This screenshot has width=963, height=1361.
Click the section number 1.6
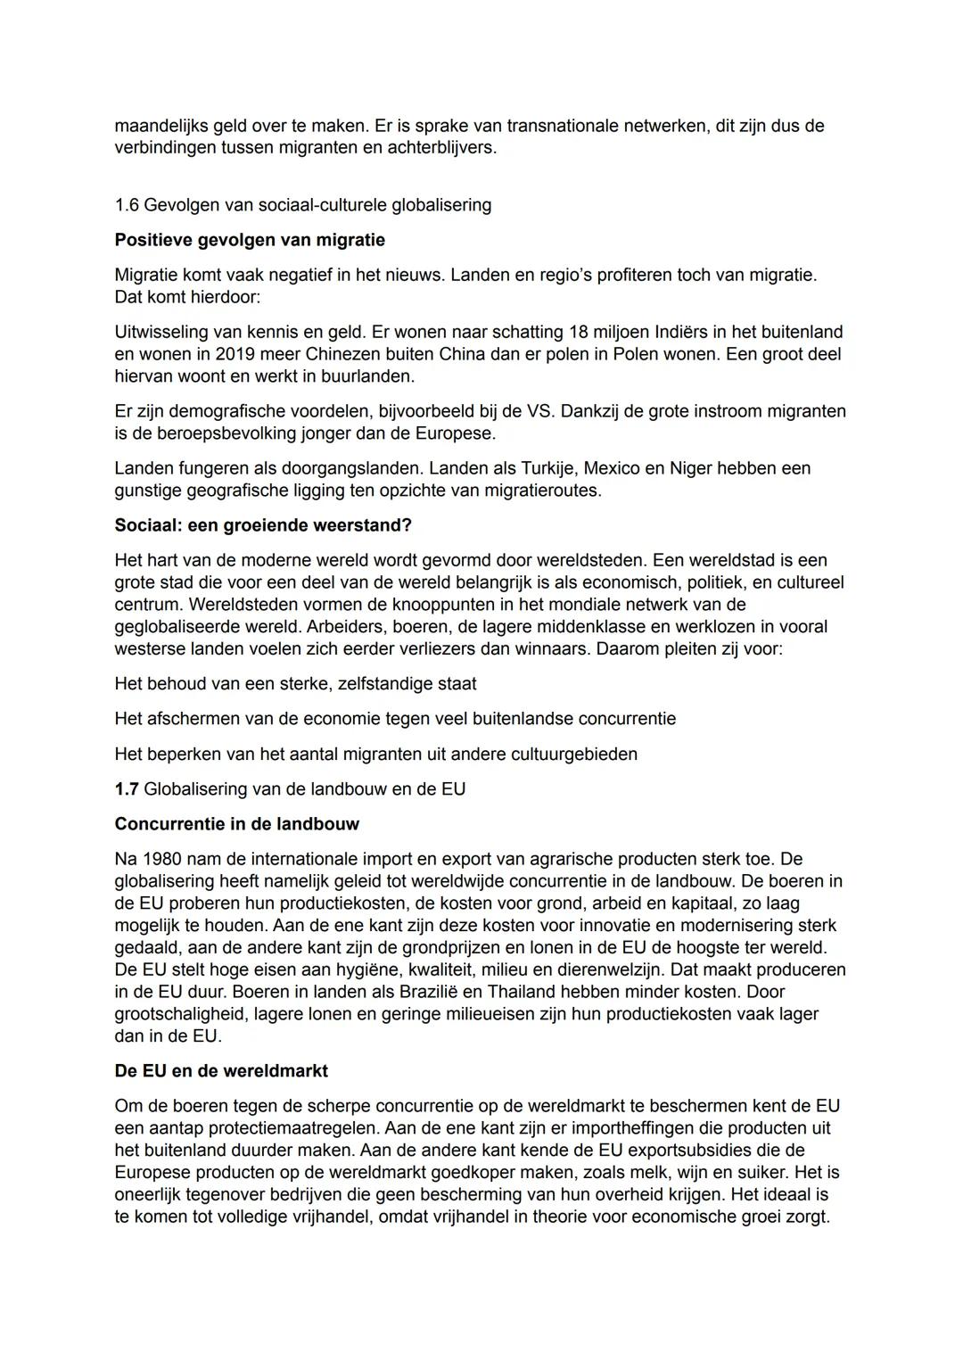click(127, 205)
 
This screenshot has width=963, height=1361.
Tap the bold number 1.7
click(127, 789)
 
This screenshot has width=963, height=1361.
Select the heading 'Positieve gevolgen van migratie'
click(250, 240)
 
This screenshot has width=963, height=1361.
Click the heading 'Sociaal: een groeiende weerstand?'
click(263, 525)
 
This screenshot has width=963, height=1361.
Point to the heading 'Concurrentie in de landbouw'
click(236, 824)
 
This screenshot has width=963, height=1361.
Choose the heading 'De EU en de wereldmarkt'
click(221, 1070)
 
